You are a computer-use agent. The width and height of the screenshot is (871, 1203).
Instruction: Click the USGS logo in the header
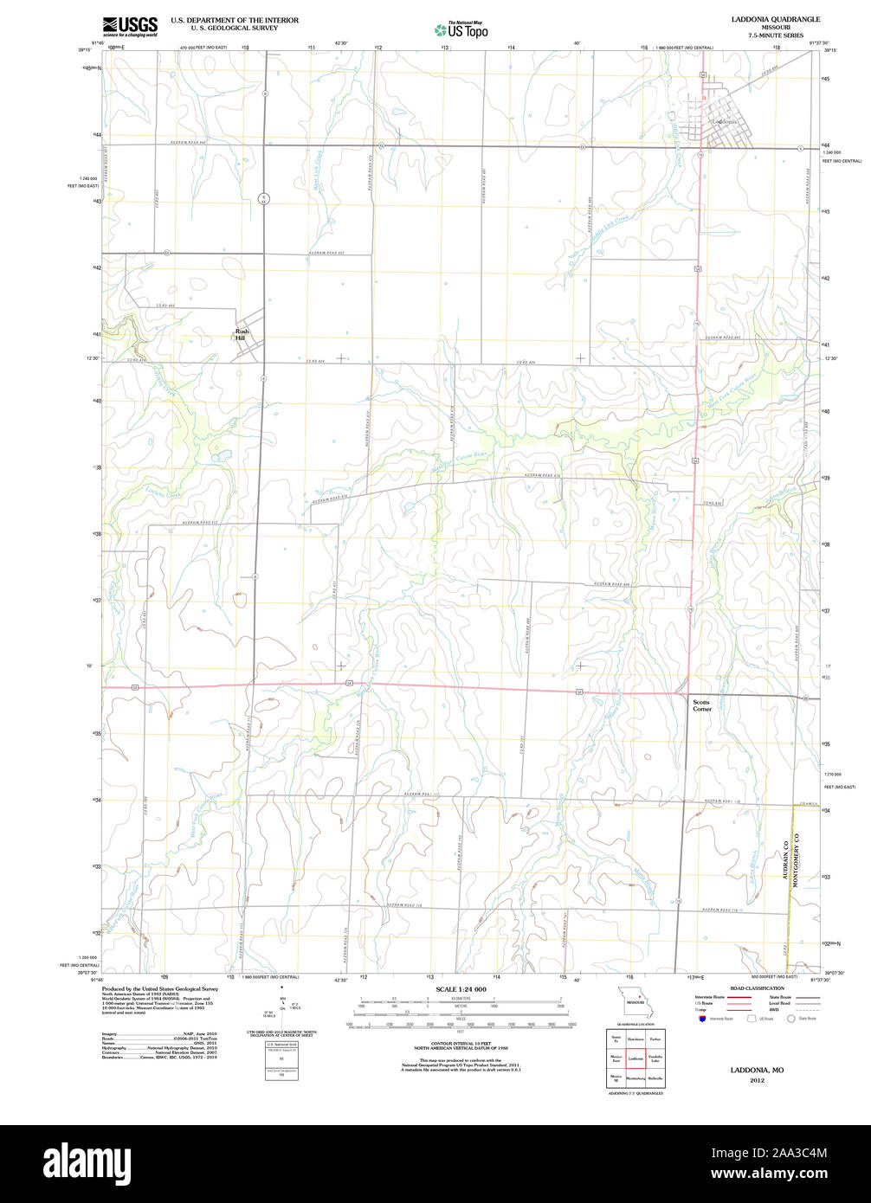[x=130, y=26]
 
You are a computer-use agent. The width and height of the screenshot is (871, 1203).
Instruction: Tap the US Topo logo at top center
[x=461, y=29]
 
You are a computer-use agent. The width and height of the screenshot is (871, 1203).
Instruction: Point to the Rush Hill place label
[x=242, y=335]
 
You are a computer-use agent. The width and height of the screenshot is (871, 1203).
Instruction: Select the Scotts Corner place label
[x=701, y=705]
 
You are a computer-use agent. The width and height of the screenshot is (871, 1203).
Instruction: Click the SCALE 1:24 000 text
[x=461, y=989]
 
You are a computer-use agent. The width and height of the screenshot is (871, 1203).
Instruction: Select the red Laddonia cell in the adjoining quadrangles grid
[x=636, y=1058]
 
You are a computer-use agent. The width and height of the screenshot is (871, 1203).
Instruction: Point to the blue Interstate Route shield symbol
[x=701, y=1019]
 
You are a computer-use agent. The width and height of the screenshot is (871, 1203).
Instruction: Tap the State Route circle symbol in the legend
[x=790, y=1019]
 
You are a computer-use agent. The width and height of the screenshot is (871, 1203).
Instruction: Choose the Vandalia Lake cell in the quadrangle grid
[x=655, y=1058]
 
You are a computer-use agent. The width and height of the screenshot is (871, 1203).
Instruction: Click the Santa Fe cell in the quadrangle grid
[x=616, y=1038]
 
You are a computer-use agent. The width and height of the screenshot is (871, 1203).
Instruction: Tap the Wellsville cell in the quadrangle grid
[x=655, y=1078]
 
